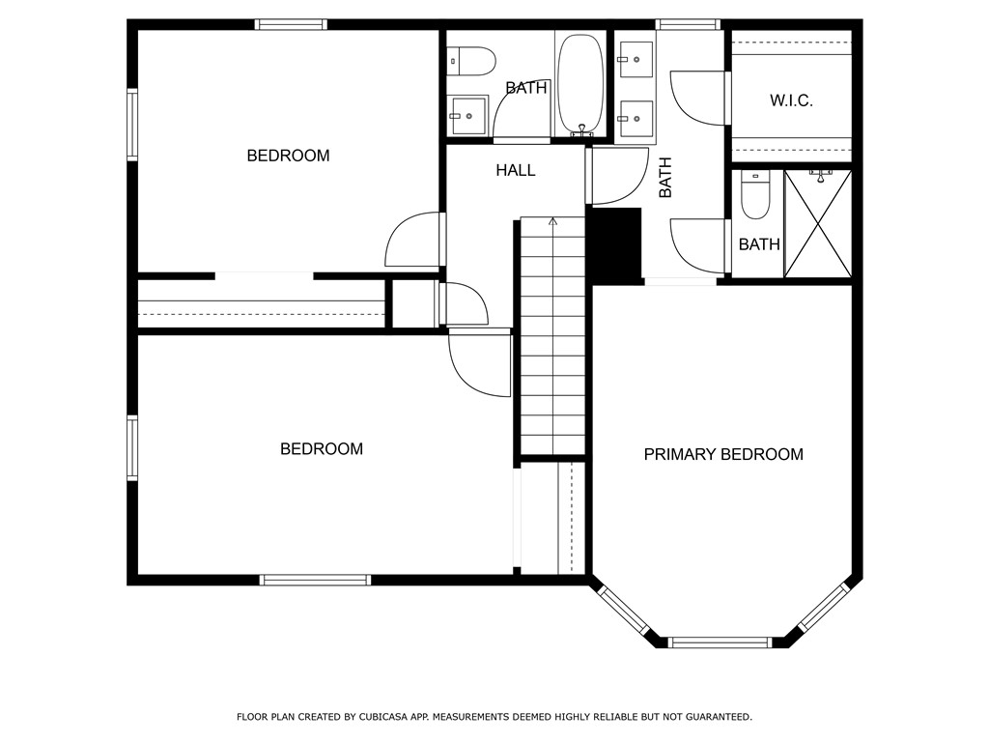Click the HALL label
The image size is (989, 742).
[x=516, y=170]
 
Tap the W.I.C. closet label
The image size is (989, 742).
[x=791, y=100]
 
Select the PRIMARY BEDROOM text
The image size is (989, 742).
[x=723, y=454]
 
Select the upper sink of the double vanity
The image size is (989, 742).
[x=636, y=59]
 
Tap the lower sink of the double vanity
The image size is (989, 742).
[x=636, y=120]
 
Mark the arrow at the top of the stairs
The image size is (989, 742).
[x=553, y=221]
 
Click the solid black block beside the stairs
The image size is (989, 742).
[x=615, y=245]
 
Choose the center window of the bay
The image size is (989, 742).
[x=720, y=642]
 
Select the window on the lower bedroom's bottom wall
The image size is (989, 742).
[x=316, y=580]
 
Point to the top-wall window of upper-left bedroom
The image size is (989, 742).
[x=291, y=24]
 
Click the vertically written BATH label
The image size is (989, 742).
[x=665, y=178]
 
